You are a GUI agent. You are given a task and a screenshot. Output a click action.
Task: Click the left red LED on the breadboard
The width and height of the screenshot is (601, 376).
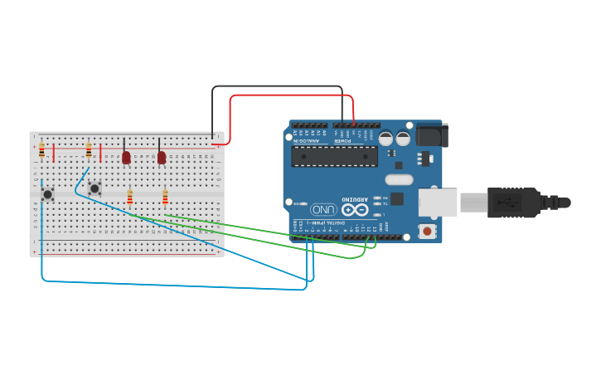click(126, 157)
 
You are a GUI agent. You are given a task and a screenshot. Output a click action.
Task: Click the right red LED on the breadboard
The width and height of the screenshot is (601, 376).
click(162, 157)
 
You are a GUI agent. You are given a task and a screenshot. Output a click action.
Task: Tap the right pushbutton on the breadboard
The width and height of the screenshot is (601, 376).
click(95, 188)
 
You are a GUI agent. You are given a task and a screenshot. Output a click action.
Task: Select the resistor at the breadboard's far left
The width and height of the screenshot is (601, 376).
click(41, 150)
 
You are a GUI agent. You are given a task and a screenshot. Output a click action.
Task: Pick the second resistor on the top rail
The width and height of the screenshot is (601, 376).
click(89, 150)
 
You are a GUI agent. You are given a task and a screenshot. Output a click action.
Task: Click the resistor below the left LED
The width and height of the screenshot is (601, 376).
click(129, 198)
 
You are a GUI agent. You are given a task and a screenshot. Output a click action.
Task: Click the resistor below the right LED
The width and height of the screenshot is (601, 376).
click(165, 198)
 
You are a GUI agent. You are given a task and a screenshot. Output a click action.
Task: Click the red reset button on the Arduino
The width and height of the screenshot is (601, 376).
click(428, 231)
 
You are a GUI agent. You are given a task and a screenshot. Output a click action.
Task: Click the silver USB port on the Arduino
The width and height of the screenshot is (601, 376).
click(438, 203)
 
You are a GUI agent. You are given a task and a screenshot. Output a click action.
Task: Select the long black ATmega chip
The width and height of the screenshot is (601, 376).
click(335, 156)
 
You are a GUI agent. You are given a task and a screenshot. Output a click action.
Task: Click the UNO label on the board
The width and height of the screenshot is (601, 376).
click(323, 210)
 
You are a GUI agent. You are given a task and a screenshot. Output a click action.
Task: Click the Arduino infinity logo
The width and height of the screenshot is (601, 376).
click(355, 210)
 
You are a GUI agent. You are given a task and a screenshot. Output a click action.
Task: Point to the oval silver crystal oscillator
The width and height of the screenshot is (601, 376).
click(399, 179)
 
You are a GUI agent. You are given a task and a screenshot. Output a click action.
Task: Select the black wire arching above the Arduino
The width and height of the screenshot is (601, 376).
click(277, 86)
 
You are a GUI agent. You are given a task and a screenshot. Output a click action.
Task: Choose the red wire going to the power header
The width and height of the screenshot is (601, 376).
click(290, 95)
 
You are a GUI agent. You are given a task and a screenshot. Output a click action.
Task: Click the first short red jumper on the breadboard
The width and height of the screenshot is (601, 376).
click(54, 153)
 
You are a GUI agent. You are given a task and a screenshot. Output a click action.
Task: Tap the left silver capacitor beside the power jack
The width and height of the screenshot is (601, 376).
click(386, 139)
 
